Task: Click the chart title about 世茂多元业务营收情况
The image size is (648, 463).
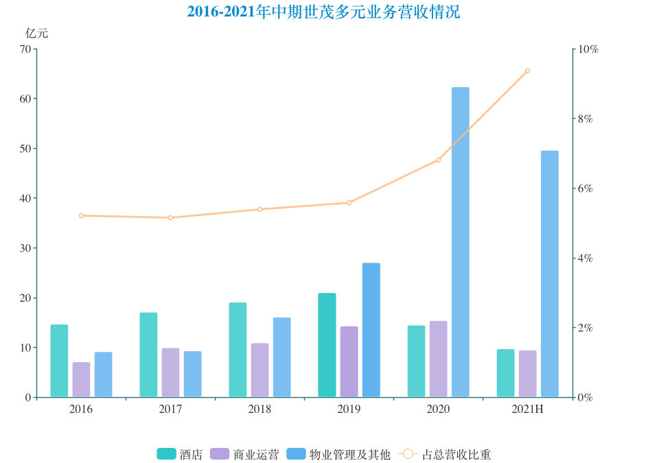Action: coord(323,12)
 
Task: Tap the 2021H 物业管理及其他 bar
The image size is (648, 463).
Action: coord(549,274)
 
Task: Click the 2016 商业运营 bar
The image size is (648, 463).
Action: coord(81,379)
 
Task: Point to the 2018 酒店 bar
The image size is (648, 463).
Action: coord(238,350)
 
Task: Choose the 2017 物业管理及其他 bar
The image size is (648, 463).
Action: coord(192,374)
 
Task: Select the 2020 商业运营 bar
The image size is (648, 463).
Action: coord(438,359)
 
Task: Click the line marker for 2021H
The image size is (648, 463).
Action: coord(527,71)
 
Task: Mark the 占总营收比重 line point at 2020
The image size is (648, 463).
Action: coord(438,160)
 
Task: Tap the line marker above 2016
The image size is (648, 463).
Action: coord(81,215)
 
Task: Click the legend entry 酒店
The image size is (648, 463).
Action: coord(180,454)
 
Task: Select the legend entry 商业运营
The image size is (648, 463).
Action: coord(245,454)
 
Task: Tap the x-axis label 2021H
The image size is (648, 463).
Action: coord(527,409)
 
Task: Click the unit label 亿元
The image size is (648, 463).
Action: coord(37,33)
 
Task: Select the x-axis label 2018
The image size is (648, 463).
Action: coord(259,409)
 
